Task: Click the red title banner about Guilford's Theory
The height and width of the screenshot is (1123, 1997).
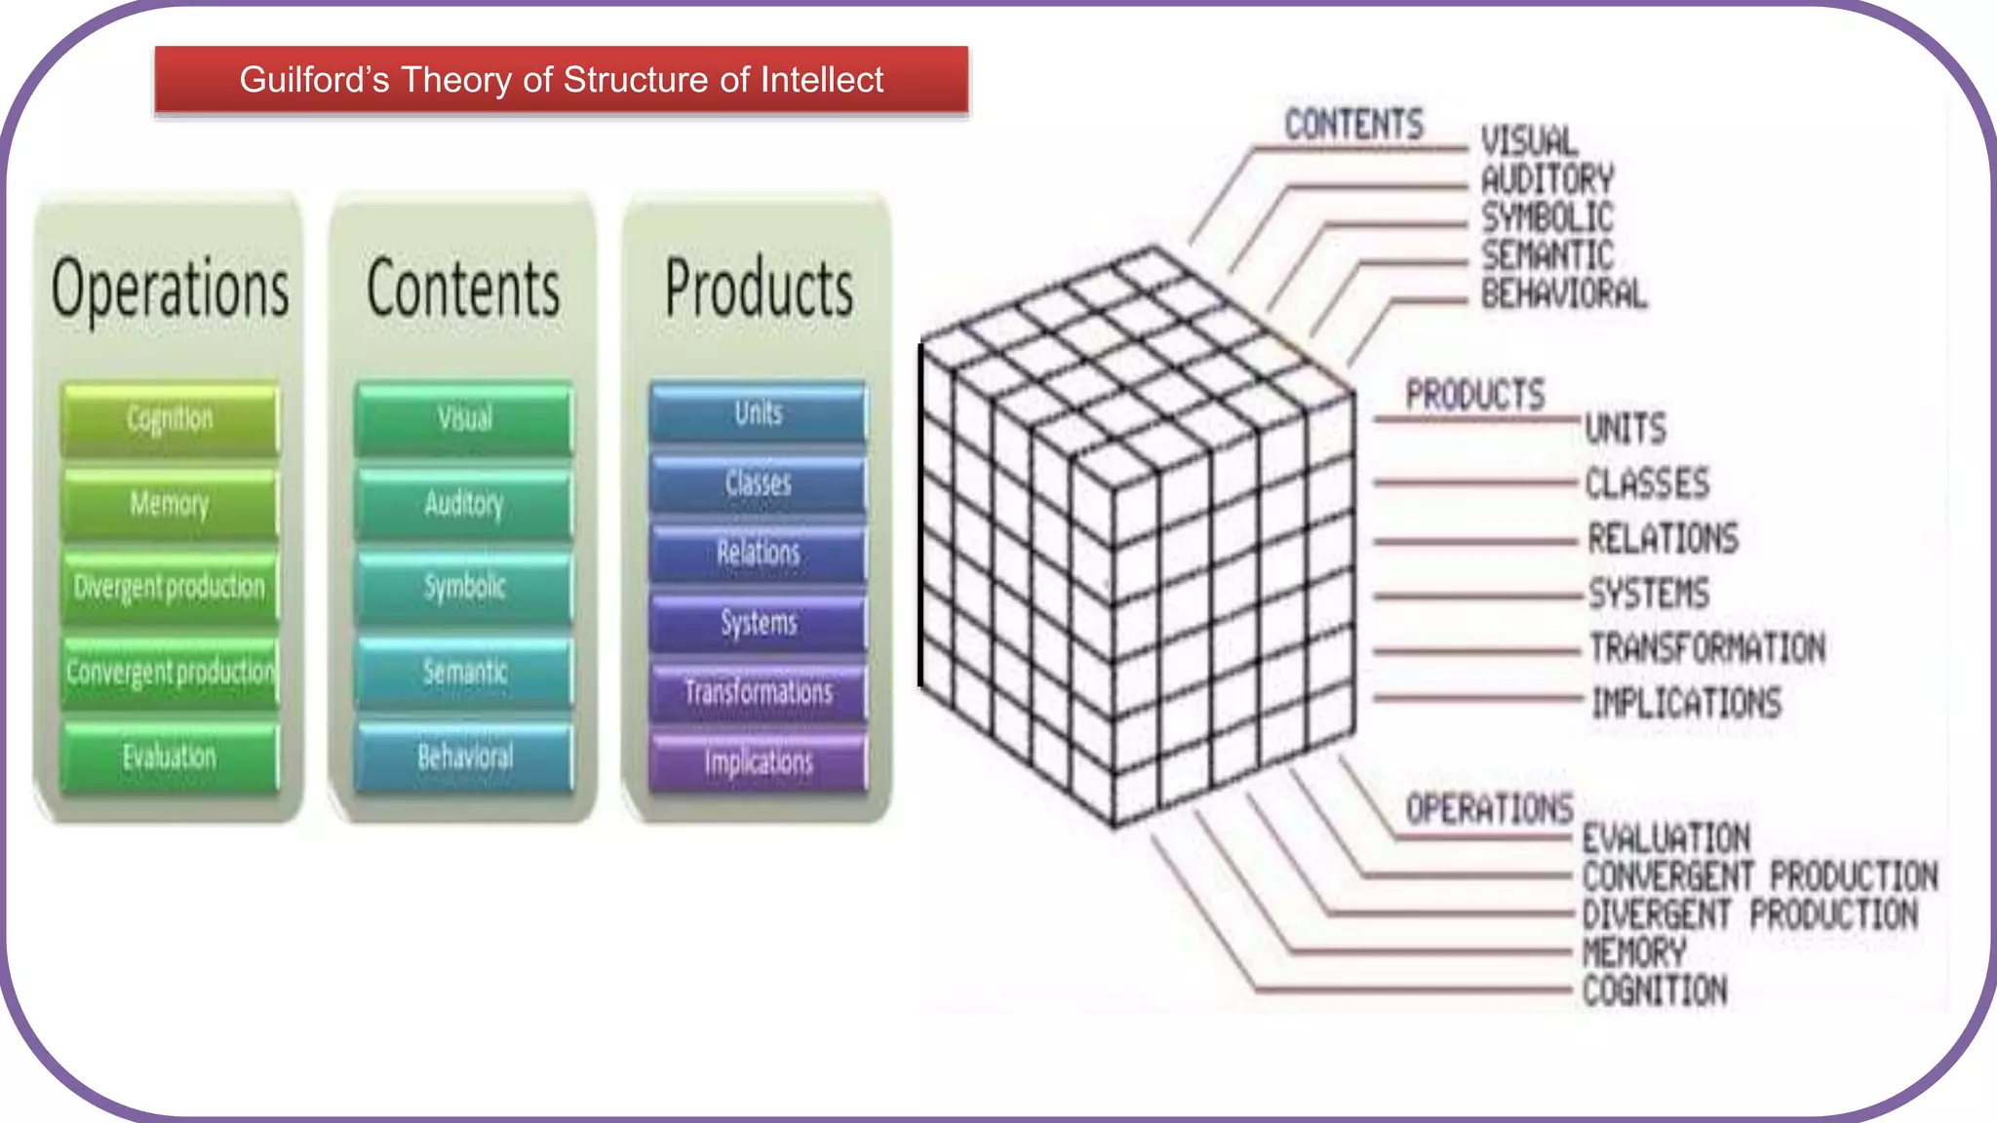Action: click(x=561, y=80)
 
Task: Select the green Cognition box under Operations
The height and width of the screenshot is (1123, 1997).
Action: click(x=170, y=419)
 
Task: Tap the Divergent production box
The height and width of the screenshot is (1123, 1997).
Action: click(x=170, y=587)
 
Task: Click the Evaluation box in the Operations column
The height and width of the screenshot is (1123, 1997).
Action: click(x=170, y=756)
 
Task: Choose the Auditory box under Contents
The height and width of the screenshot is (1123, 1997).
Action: click(x=464, y=504)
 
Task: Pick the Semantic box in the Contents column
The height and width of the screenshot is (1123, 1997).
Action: click(x=464, y=672)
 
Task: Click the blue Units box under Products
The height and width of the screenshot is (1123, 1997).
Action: click(x=758, y=413)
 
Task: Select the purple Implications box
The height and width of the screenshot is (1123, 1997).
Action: click(x=758, y=761)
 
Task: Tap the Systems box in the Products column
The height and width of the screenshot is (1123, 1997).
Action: click(x=758, y=622)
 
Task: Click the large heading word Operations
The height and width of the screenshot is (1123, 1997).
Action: click(x=170, y=290)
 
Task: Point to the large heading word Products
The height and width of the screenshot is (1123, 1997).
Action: click(x=758, y=290)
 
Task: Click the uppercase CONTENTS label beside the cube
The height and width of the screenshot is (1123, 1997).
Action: click(x=1353, y=125)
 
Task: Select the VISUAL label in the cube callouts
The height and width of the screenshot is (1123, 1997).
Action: click(x=1529, y=141)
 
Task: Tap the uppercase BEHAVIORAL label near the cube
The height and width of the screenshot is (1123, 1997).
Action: click(x=1563, y=293)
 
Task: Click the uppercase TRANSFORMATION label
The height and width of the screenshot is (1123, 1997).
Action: click(x=1706, y=648)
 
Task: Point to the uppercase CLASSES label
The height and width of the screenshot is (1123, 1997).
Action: click(x=1647, y=484)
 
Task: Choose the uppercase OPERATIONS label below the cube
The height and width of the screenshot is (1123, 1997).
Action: click(x=1489, y=809)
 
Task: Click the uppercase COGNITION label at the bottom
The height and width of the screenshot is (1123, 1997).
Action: click(x=1655, y=991)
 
